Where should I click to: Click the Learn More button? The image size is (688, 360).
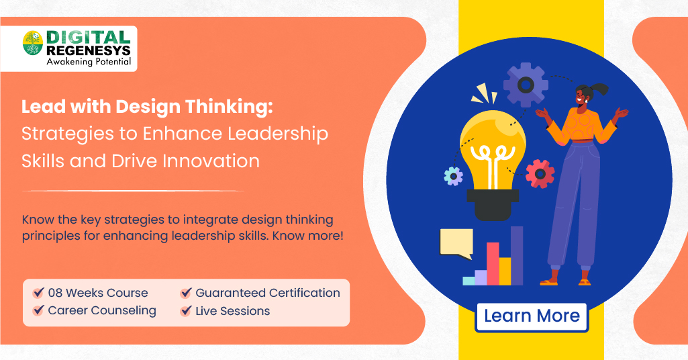pyautogui.click(x=532, y=316)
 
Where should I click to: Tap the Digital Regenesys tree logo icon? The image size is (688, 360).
pyautogui.click(x=32, y=44)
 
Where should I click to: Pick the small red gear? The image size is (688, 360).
pyautogui.click(x=540, y=174)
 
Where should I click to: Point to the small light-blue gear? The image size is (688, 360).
pyautogui.click(x=454, y=176)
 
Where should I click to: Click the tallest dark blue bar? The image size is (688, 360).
pyautogui.click(x=517, y=255)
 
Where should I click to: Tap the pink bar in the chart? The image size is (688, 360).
pyautogui.click(x=493, y=263)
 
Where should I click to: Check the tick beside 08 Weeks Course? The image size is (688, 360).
pyautogui.click(x=38, y=293)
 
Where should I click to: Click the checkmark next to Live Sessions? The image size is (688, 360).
pyautogui.click(x=185, y=311)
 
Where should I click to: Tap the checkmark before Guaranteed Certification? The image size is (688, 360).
pyautogui.click(x=185, y=293)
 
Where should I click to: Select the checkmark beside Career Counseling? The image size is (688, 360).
pyautogui.click(x=38, y=311)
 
